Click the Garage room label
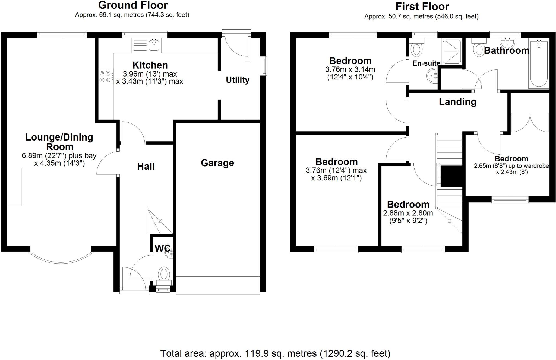(x=217, y=163)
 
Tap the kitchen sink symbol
(x=154, y=45)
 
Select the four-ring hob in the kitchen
(x=105, y=77)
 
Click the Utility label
(x=238, y=80)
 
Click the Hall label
(x=146, y=166)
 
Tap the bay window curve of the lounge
(x=61, y=262)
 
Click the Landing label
(x=457, y=102)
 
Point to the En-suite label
(x=426, y=63)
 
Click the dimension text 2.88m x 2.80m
(x=408, y=213)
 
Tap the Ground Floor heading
(x=133, y=5)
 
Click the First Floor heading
(x=422, y=7)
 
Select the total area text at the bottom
(x=275, y=353)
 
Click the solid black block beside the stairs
(x=451, y=176)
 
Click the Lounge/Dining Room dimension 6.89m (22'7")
(x=59, y=156)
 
